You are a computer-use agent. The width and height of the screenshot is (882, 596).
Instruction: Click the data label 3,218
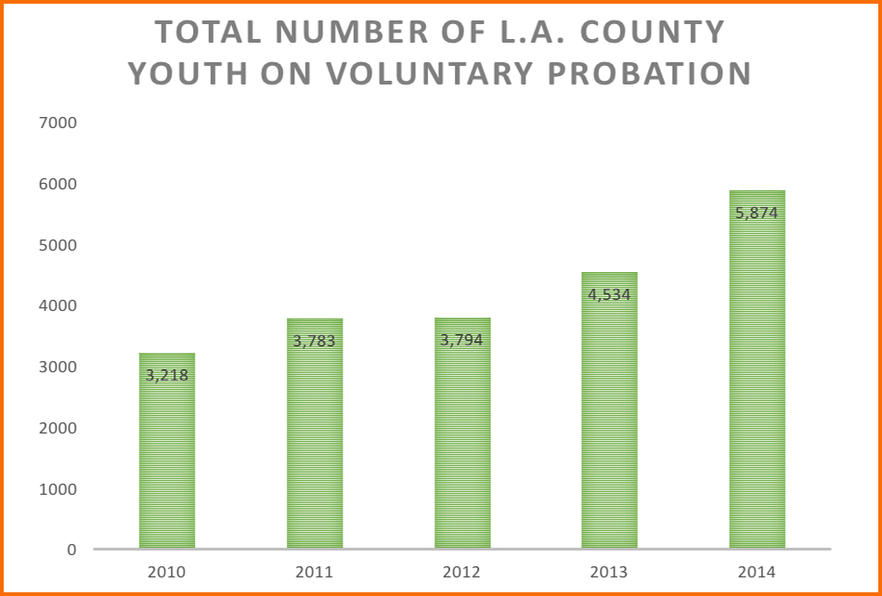click(x=167, y=376)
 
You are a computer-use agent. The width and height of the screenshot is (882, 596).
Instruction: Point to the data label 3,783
click(x=315, y=342)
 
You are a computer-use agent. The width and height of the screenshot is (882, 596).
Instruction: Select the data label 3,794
click(x=462, y=340)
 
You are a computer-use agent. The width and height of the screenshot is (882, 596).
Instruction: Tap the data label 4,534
click(x=610, y=295)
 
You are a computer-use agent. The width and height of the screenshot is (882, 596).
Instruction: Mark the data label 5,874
click(x=757, y=214)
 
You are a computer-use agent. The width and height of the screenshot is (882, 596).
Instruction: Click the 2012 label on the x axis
click(x=462, y=571)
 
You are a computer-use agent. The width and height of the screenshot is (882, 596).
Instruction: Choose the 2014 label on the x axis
click(x=757, y=571)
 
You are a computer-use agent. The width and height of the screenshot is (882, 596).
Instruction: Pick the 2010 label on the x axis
click(x=167, y=571)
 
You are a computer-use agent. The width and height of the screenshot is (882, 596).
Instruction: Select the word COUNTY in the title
click(x=652, y=32)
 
